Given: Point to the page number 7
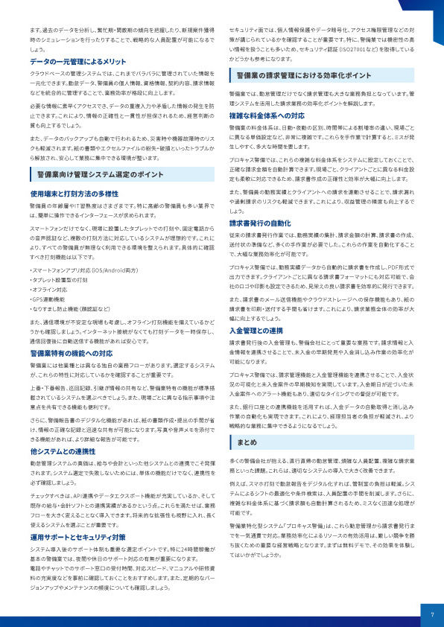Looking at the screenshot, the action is (431, 614).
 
